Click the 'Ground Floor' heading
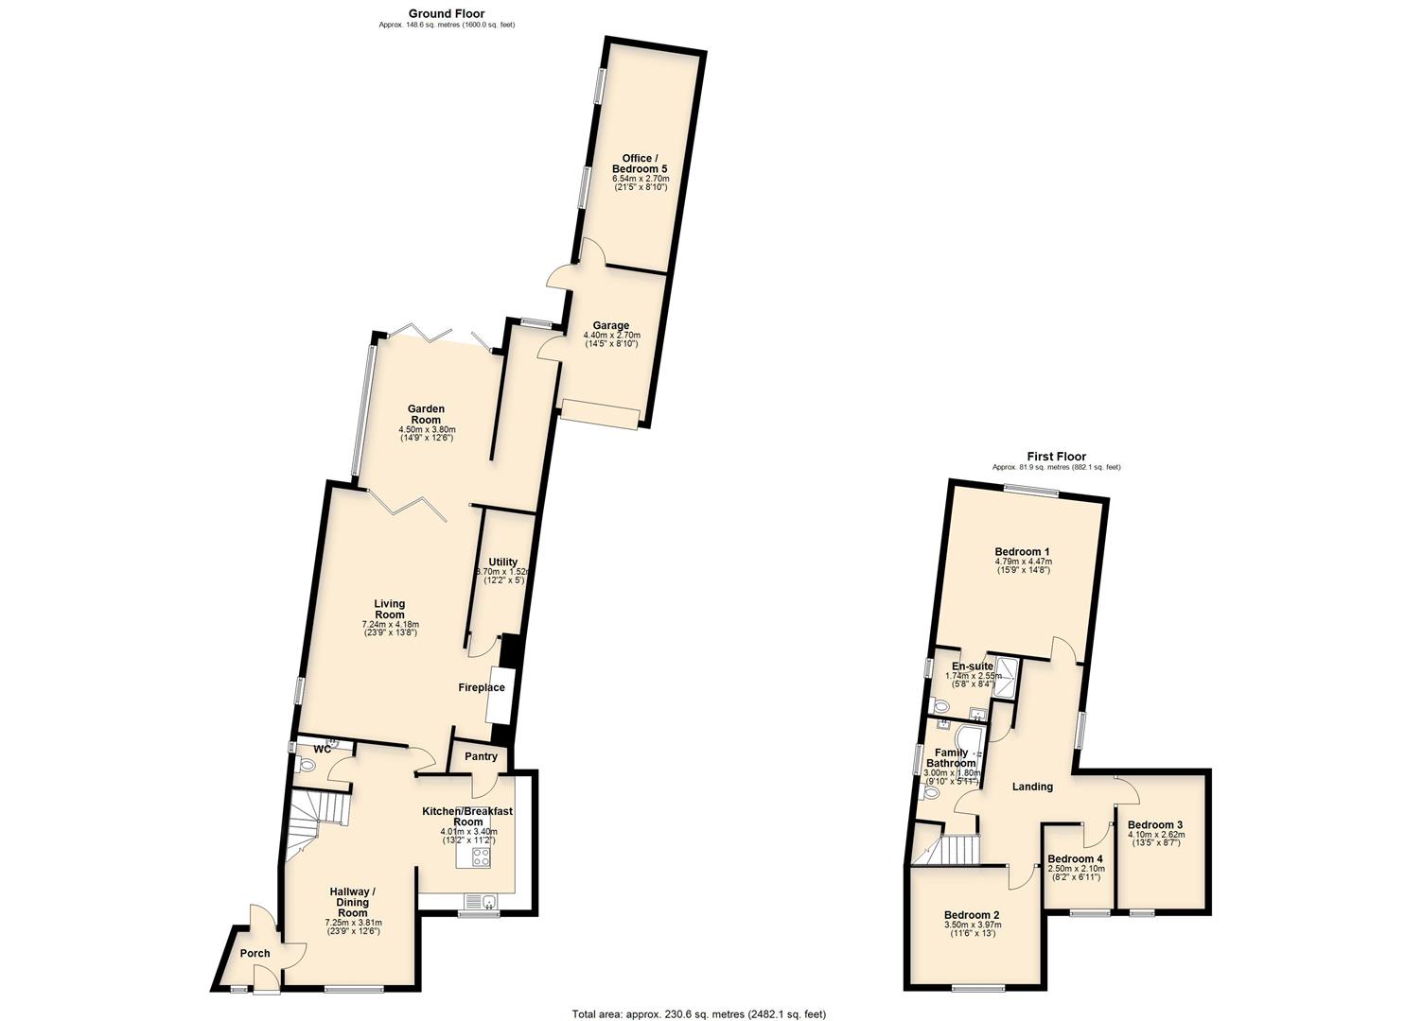447,13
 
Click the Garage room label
611,326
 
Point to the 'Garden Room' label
426,414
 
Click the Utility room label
502,562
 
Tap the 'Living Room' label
389,609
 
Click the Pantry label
481,756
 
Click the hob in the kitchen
481,857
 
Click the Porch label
255,953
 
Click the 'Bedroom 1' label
1022,552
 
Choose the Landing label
1032,787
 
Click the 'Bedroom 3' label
1155,824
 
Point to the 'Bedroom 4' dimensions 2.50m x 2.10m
1076,869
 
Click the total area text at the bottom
698,1014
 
